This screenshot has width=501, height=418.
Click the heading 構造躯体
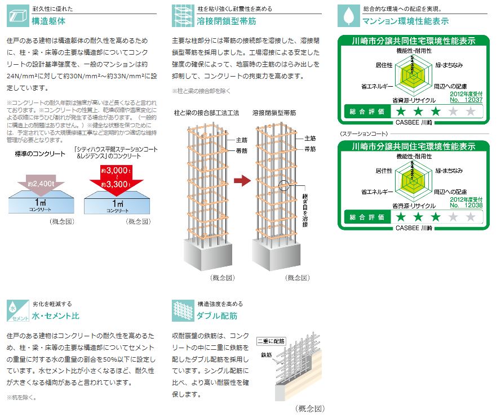(49, 21)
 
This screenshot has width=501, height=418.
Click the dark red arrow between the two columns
(241, 180)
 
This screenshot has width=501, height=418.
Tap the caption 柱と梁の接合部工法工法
(206, 113)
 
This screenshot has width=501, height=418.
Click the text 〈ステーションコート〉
(363, 134)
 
